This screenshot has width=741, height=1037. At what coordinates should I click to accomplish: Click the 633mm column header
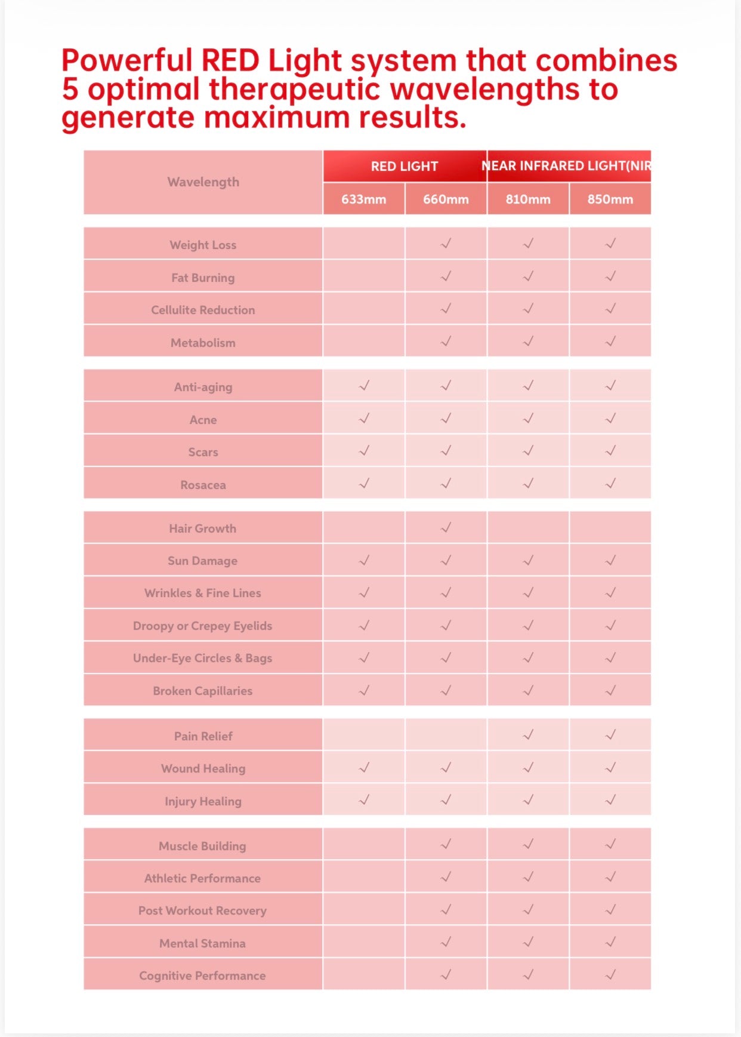[363, 199]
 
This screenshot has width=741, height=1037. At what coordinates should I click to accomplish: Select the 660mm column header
[446, 199]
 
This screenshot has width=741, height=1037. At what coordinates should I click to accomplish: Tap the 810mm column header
[528, 199]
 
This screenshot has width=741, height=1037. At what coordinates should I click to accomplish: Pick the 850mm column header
[610, 199]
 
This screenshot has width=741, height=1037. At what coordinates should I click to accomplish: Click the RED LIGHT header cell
[405, 167]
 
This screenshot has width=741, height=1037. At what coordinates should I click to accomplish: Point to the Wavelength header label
[203, 182]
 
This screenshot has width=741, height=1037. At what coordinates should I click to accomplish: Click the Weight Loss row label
[203, 245]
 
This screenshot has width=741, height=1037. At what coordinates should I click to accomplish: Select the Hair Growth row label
[202, 528]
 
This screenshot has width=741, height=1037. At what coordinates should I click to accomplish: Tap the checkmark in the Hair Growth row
[446, 528]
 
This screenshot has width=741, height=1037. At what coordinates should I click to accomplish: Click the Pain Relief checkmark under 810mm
[528, 735]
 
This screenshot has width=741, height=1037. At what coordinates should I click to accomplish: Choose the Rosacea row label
[203, 485]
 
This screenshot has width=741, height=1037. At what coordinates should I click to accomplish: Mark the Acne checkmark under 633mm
[364, 419]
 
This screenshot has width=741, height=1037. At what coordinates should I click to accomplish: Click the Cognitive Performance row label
[202, 976]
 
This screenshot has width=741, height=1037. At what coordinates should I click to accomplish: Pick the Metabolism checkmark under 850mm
[610, 341]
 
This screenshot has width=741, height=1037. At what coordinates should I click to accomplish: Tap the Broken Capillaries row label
[202, 691]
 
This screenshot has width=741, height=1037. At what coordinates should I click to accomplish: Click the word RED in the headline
[230, 61]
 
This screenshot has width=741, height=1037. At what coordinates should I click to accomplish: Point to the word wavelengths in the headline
[486, 90]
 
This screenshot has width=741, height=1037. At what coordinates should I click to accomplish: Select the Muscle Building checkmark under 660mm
[446, 844]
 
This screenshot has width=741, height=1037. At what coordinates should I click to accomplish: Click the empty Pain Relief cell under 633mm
[363, 735]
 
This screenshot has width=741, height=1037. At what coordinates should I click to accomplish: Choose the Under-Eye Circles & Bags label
[202, 658]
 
